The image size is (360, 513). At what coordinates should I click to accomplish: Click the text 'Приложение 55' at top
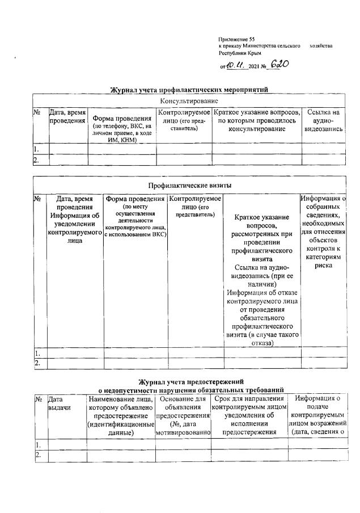point(236,38)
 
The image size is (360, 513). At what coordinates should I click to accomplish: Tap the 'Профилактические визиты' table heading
point(189,186)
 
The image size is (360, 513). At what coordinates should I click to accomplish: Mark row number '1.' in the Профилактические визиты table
point(37,353)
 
